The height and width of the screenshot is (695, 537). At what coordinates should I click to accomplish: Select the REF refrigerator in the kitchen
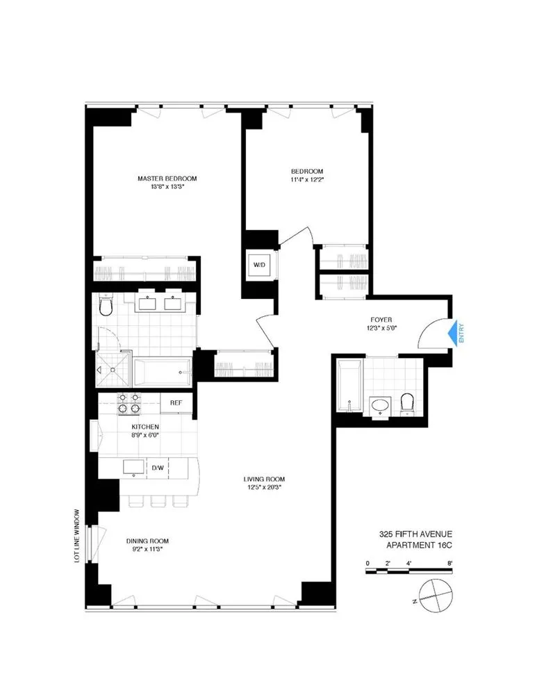tap(176, 402)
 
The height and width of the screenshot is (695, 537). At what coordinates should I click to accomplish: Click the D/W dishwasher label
tap(158, 468)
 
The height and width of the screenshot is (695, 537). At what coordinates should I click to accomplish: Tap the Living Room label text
tap(264, 479)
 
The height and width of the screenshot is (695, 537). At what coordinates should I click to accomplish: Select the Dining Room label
tap(147, 541)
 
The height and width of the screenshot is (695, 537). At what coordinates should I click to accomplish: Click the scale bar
tap(410, 571)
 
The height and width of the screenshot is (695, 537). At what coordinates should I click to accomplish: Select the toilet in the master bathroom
tap(105, 306)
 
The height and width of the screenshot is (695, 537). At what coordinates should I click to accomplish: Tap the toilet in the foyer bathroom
tap(408, 402)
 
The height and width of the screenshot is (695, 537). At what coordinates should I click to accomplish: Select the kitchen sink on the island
tap(131, 466)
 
